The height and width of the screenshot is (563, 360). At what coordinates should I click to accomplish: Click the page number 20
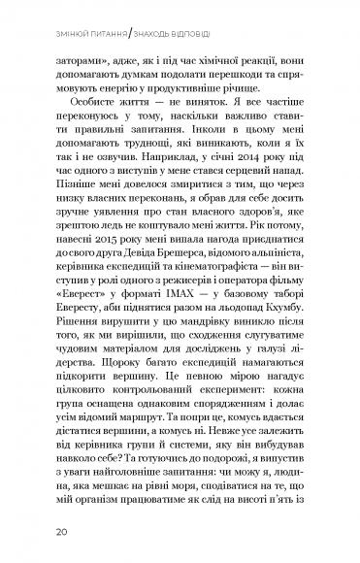(61, 532)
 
